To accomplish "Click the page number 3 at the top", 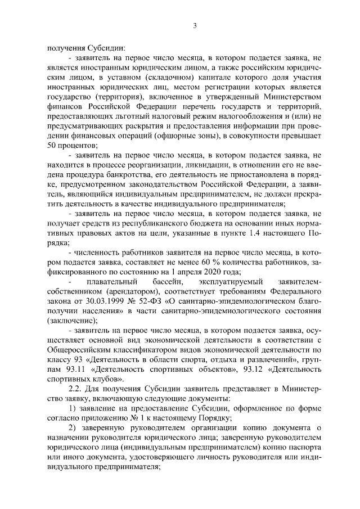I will click(194, 26).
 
